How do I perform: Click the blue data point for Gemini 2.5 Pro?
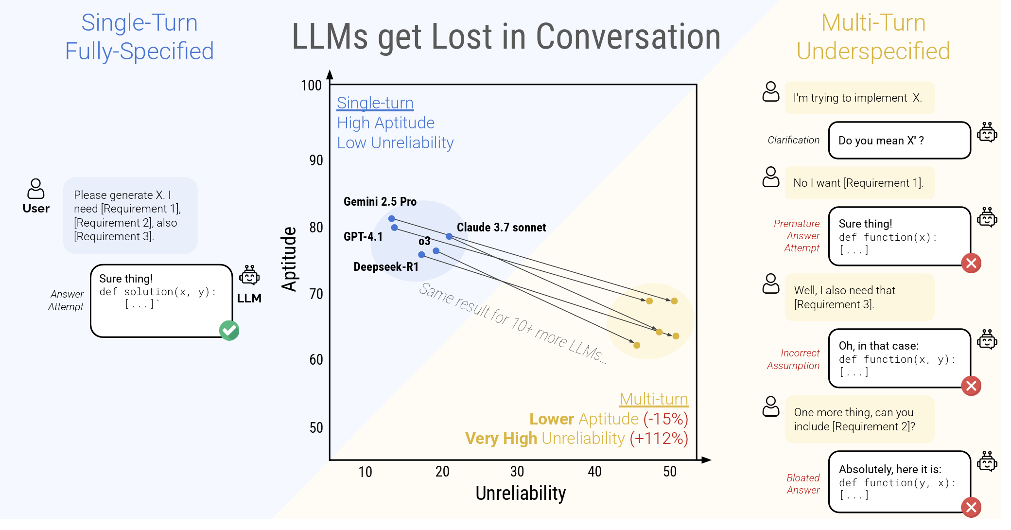coord(391,219)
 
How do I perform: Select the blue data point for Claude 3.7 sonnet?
coord(449,236)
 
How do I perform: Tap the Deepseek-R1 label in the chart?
coord(385,267)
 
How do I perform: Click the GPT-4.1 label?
coord(363,237)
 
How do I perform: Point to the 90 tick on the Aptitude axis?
coord(316,160)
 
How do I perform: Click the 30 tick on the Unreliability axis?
coord(517,471)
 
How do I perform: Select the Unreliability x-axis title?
coord(520,493)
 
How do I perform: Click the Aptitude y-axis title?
coord(290,259)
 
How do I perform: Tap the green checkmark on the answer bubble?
coord(229,331)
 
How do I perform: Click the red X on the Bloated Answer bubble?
coord(971,508)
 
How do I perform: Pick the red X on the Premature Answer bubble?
coord(971,264)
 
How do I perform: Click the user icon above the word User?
coord(35,189)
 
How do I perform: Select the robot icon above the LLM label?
coord(249,275)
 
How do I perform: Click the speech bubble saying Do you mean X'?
coord(899,141)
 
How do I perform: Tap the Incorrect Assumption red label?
coord(794,359)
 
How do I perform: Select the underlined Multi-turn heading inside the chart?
coord(653,399)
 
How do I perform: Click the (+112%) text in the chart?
coord(659,439)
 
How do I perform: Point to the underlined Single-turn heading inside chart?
coord(375,103)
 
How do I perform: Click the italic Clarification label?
coord(793,140)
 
